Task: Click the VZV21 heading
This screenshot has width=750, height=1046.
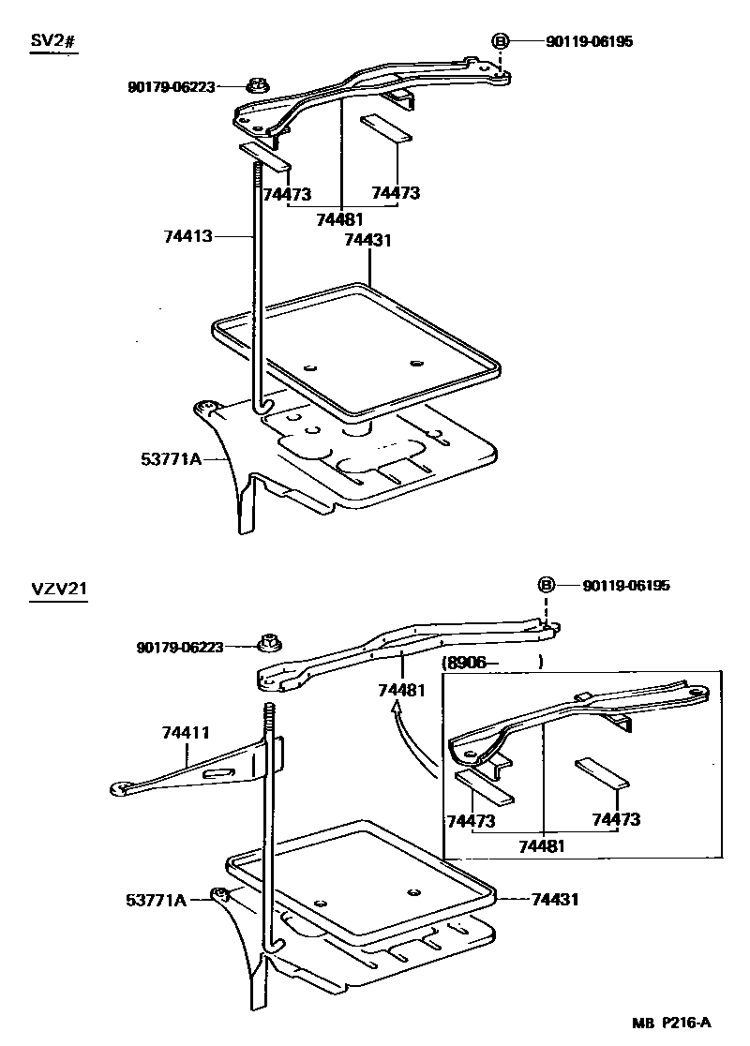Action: pyautogui.click(x=58, y=591)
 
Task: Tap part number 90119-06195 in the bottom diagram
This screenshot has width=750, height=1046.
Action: pyautogui.click(x=626, y=586)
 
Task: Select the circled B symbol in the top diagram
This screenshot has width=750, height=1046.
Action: pyautogui.click(x=501, y=41)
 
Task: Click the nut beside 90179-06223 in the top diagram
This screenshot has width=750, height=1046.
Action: pyautogui.click(x=255, y=86)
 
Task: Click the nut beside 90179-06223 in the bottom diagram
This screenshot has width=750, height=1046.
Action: pyautogui.click(x=268, y=645)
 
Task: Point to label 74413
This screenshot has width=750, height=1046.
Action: pyautogui.click(x=188, y=238)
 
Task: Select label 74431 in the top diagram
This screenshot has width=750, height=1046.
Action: pyautogui.click(x=367, y=240)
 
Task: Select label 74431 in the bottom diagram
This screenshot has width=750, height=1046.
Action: pyautogui.click(x=554, y=899)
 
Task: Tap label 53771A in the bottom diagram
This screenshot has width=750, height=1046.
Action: pyautogui.click(x=156, y=899)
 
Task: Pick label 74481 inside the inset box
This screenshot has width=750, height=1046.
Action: pyautogui.click(x=542, y=845)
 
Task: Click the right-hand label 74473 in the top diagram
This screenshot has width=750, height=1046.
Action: pyautogui.click(x=395, y=193)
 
